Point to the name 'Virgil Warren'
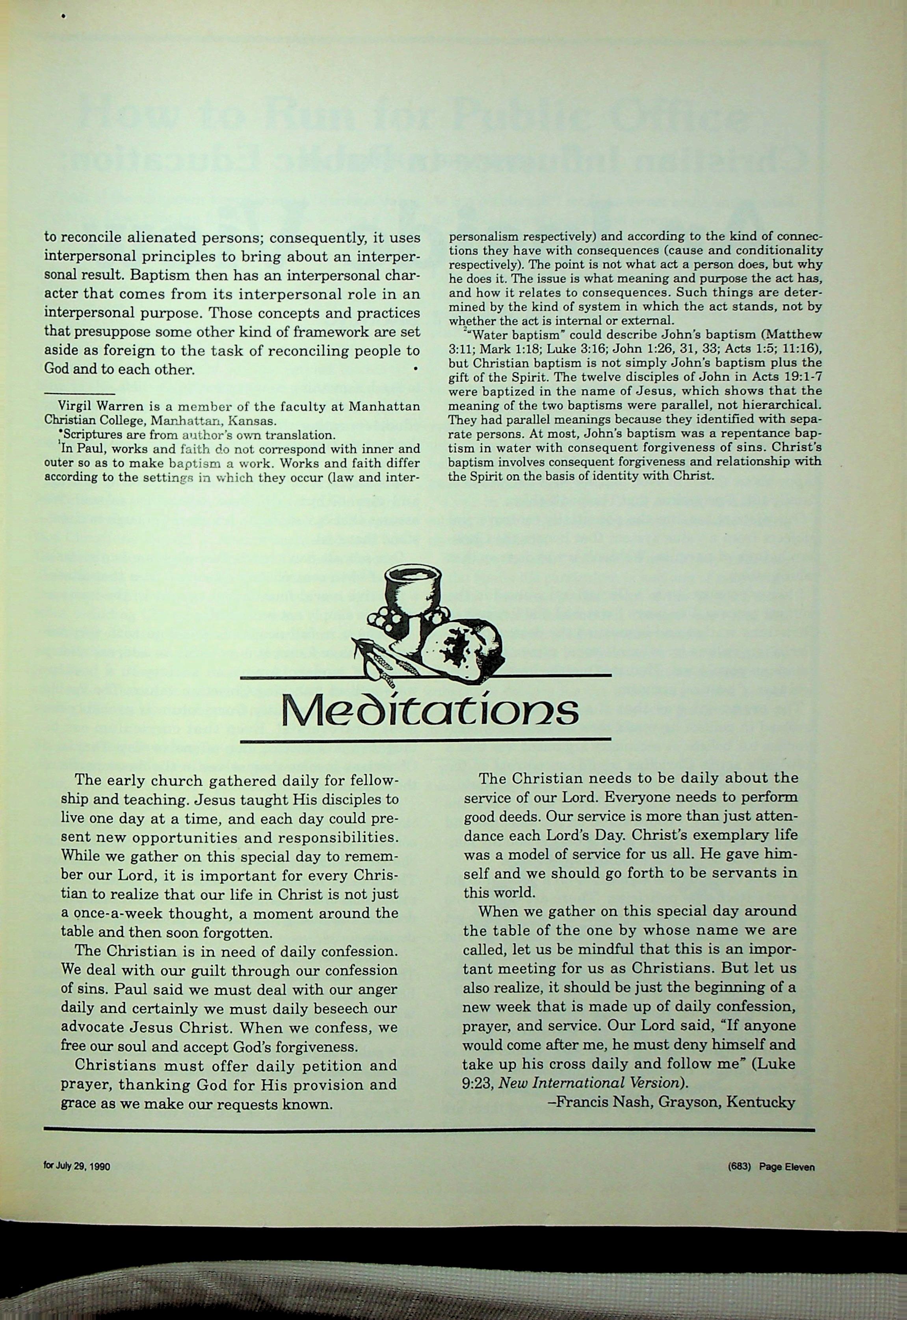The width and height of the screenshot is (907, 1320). click(x=93, y=407)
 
